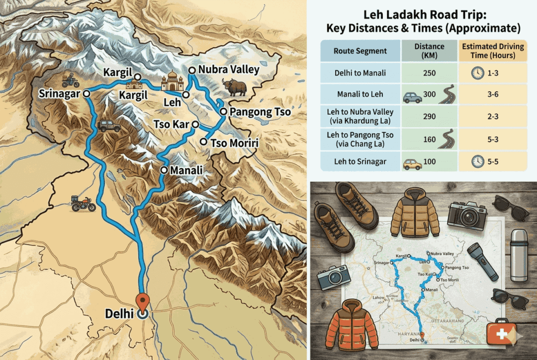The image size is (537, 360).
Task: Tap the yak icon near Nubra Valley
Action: point(233,87)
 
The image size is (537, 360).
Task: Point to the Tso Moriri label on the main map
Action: point(235,143)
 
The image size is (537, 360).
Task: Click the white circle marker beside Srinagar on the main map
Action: point(87,93)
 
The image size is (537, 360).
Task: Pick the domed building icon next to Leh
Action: point(172,83)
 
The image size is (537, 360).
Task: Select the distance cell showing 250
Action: point(428,73)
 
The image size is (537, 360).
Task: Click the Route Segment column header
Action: point(360,51)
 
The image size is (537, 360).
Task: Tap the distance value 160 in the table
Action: point(428,138)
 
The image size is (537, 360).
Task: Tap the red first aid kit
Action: point(500,333)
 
